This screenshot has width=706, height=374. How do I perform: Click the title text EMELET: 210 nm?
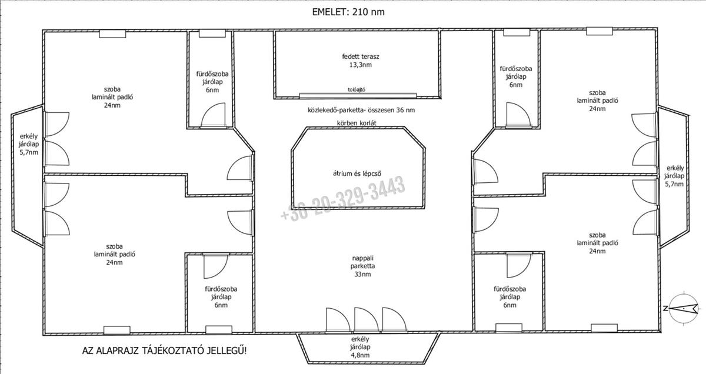pyautogui.click(x=348, y=12)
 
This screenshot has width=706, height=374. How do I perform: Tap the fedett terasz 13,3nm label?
pyautogui.click(x=361, y=61)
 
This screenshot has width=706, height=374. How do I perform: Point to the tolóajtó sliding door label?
pyautogui.click(x=357, y=89)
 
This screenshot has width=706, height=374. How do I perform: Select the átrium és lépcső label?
pyautogui.click(x=358, y=173)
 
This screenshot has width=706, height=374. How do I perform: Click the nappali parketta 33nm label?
pyautogui.click(x=362, y=266)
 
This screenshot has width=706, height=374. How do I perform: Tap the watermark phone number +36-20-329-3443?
pyautogui.click(x=343, y=199)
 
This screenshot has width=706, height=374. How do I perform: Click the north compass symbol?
pyautogui.click(x=683, y=309)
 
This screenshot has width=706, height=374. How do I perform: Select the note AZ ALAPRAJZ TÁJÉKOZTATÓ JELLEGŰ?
pyautogui.click(x=164, y=350)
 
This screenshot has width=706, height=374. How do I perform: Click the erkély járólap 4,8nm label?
pyautogui.click(x=360, y=347)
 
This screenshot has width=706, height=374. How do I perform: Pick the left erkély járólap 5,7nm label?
pyautogui.click(x=29, y=144)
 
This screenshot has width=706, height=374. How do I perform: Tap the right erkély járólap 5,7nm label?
pyautogui.click(x=674, y=176)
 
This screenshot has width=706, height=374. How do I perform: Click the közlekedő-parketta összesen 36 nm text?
pyautogui.click(x=361, y=110)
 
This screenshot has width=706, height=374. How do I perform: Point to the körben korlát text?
pyautogui.click(x=357, y=123)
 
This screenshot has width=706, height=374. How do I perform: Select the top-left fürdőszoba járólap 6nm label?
pyautogui.click(x=212, y=82)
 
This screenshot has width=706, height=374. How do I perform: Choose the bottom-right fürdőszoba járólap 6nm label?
pyautogui.click(x=509, y=297)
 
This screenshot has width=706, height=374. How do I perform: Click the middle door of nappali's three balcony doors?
pyautogui.click(x=366, y=319)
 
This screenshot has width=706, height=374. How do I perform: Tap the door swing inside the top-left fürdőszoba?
pyautogui.click(x=214, y=115)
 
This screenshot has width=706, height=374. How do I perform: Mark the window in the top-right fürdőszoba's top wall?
pyautogui.click(x=517, y=32)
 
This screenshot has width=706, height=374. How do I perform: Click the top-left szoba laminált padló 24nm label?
pyautogui.click(x=112, y=97)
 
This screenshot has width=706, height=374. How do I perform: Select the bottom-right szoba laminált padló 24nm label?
pyautogui.click(x=597, y=243)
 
